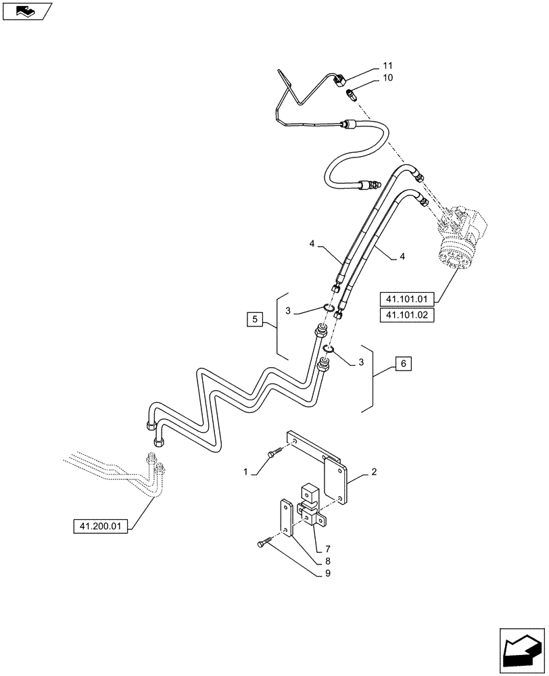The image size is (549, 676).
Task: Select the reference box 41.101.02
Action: tap(407, 316)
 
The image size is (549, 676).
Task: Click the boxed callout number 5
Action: tap(253, 318)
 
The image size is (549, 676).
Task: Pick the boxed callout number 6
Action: tap(404, 364)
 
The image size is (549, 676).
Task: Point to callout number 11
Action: tap(387, 66)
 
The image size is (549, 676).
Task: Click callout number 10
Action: tap(387, 78)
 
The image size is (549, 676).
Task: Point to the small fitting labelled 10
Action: tap(352, 93)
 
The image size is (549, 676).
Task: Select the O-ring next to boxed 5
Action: tap(329, 308)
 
